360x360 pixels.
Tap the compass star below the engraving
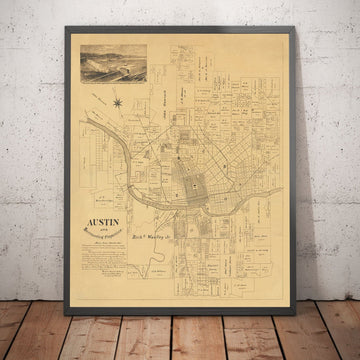click(117, 101)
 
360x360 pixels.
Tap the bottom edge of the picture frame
click(180, 303)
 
